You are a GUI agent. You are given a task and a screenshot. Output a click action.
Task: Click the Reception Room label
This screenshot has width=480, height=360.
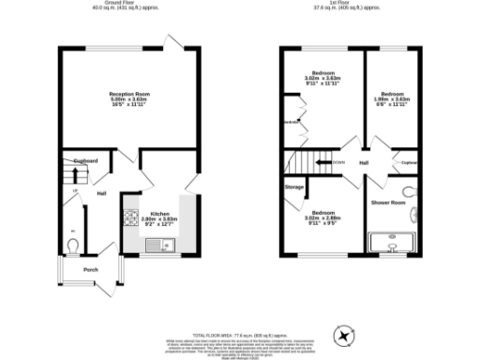[127, 94]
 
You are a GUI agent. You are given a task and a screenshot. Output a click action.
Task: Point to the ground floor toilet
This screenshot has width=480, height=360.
[73, 246]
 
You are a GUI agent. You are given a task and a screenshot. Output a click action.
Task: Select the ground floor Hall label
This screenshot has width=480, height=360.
[101, 194]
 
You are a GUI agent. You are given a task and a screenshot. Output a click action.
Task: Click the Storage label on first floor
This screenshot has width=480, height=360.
[294, 187]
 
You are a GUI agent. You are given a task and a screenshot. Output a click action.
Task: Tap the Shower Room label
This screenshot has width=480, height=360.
[387, 202]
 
